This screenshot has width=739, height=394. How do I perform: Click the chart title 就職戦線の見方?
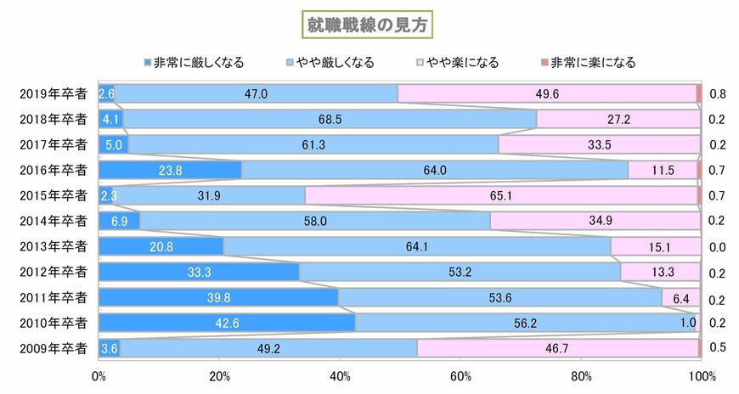tap(369, 25)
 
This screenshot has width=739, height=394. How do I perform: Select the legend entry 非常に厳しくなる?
tap(195, 62)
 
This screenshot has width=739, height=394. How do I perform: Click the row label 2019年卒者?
tap(54, 93)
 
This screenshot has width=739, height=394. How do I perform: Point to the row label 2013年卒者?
tap(54, 246)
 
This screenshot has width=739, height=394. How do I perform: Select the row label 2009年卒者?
tap(54, 348)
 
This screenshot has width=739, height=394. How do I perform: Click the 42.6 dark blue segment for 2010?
tap(227, 323)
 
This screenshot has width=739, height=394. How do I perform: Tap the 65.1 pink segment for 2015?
tap(501, 195)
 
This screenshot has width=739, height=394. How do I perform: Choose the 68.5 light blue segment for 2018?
tap(330, 119)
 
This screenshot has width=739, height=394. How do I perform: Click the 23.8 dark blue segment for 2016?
tap(171, 170)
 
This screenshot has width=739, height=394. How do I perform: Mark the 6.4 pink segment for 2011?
tap(680, 297)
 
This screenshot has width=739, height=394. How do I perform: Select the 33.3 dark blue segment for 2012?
tap(199, 272)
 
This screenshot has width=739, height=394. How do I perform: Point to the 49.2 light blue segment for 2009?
tap(268, 348)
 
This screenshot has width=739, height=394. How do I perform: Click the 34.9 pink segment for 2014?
tap(595, 221)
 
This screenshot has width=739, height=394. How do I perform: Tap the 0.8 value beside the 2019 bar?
tap(716, 93)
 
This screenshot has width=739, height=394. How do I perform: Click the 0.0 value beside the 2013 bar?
tap(716, 246)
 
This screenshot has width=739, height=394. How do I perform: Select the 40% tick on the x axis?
tap(340, 376)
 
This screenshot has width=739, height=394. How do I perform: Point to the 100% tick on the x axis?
tap(702, 376)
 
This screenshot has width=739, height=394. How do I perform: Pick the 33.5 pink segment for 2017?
tap(600, 144)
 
